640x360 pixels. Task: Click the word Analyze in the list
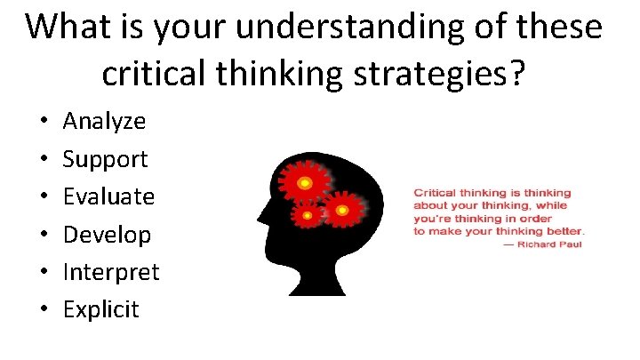click(104, 121)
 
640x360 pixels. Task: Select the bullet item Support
click(105, 159)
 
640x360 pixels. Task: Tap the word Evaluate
click(108, 196)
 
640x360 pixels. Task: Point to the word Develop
click(107, 235)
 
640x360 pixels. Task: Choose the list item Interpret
click(111, 272)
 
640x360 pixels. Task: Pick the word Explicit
click(101, 309)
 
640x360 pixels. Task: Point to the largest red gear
click(303, 182)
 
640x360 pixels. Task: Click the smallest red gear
click(308, 214)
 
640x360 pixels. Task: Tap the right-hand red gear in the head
click(341, 210)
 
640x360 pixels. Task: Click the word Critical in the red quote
click(436, 192)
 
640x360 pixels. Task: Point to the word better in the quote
click(563, 231)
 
